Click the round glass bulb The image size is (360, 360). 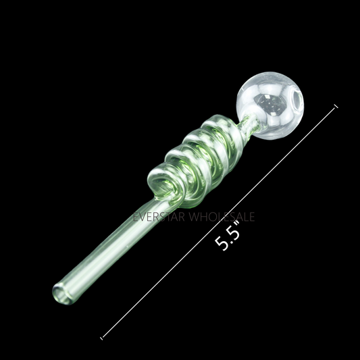click(270, 105)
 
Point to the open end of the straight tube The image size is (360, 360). click(61, 294)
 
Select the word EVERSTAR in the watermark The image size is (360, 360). click(159, 217)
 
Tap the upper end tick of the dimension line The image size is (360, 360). click(336, 106)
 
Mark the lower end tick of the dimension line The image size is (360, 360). click(101, 338)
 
